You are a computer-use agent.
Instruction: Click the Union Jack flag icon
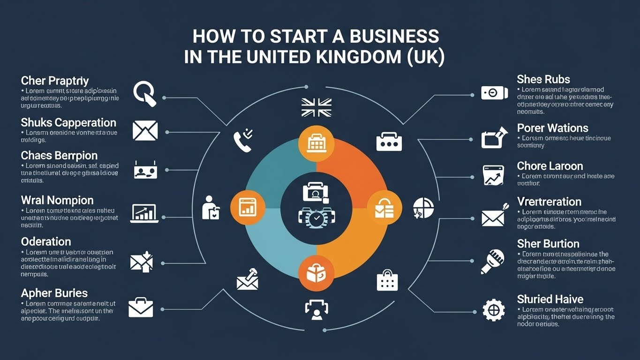[x=316, y=107]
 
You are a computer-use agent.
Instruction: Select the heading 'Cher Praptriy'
[x=55, y=81]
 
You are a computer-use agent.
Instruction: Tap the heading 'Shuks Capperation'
[x=68, y=123]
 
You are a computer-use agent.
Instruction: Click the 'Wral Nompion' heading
[x=57, y=201]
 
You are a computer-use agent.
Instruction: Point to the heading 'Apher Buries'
[x=54, y=293]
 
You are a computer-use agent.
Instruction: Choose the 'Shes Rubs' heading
[x=543, y=79]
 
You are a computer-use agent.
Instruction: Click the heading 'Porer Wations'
[x=552, y=128]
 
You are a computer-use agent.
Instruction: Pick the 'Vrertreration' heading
[x=549, y=202]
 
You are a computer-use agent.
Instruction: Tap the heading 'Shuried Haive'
[x=550, y=299]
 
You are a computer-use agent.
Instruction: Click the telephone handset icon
[x=243, y=141]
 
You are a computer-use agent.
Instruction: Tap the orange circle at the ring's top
[x=316, y=143]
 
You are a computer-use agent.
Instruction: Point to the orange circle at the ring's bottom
[x=316, y=273]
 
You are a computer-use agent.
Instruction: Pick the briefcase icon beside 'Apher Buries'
[x=141, y=307]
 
